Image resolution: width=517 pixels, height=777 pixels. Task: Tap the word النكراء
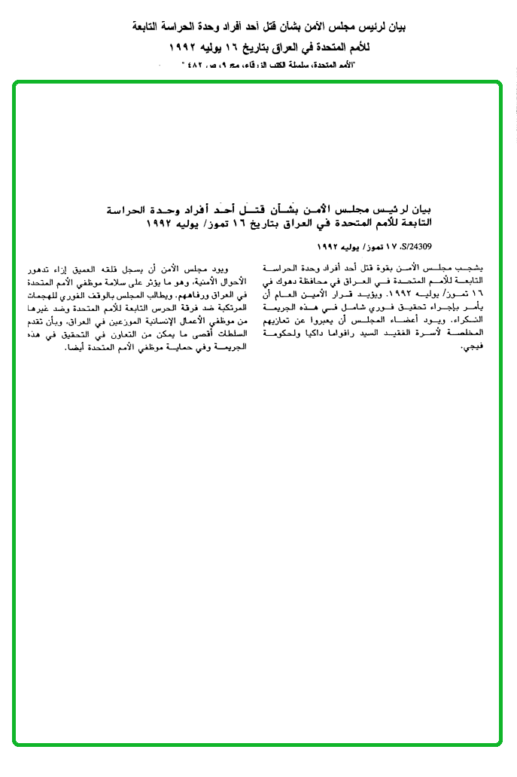tap(470, 321)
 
